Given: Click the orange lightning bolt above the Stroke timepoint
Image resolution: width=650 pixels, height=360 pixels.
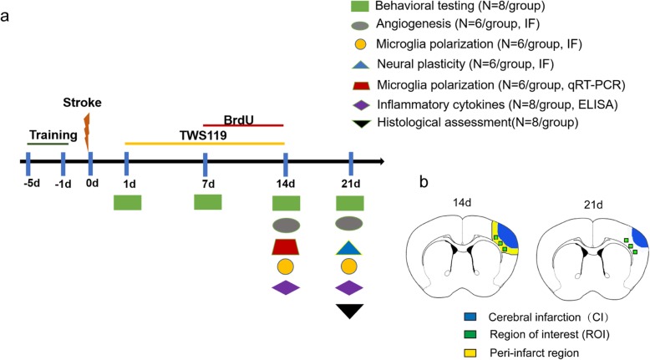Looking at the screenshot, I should (89, 134).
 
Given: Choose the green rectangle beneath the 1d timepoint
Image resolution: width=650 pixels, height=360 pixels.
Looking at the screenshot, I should (127, 202).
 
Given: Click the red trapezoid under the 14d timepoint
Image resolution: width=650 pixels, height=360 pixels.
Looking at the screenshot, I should (287, 246).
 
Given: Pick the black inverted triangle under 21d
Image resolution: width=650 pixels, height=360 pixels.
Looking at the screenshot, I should (350, 310).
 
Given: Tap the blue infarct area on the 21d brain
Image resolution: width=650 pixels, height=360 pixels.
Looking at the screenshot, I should (636, 240).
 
